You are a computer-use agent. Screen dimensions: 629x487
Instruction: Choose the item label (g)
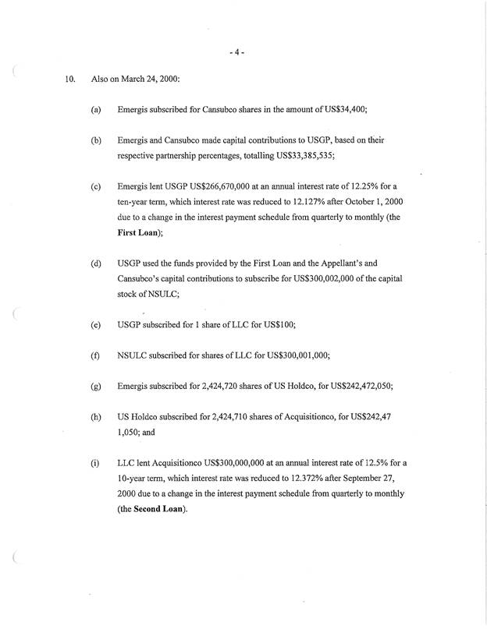click(x=96, y=385)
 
